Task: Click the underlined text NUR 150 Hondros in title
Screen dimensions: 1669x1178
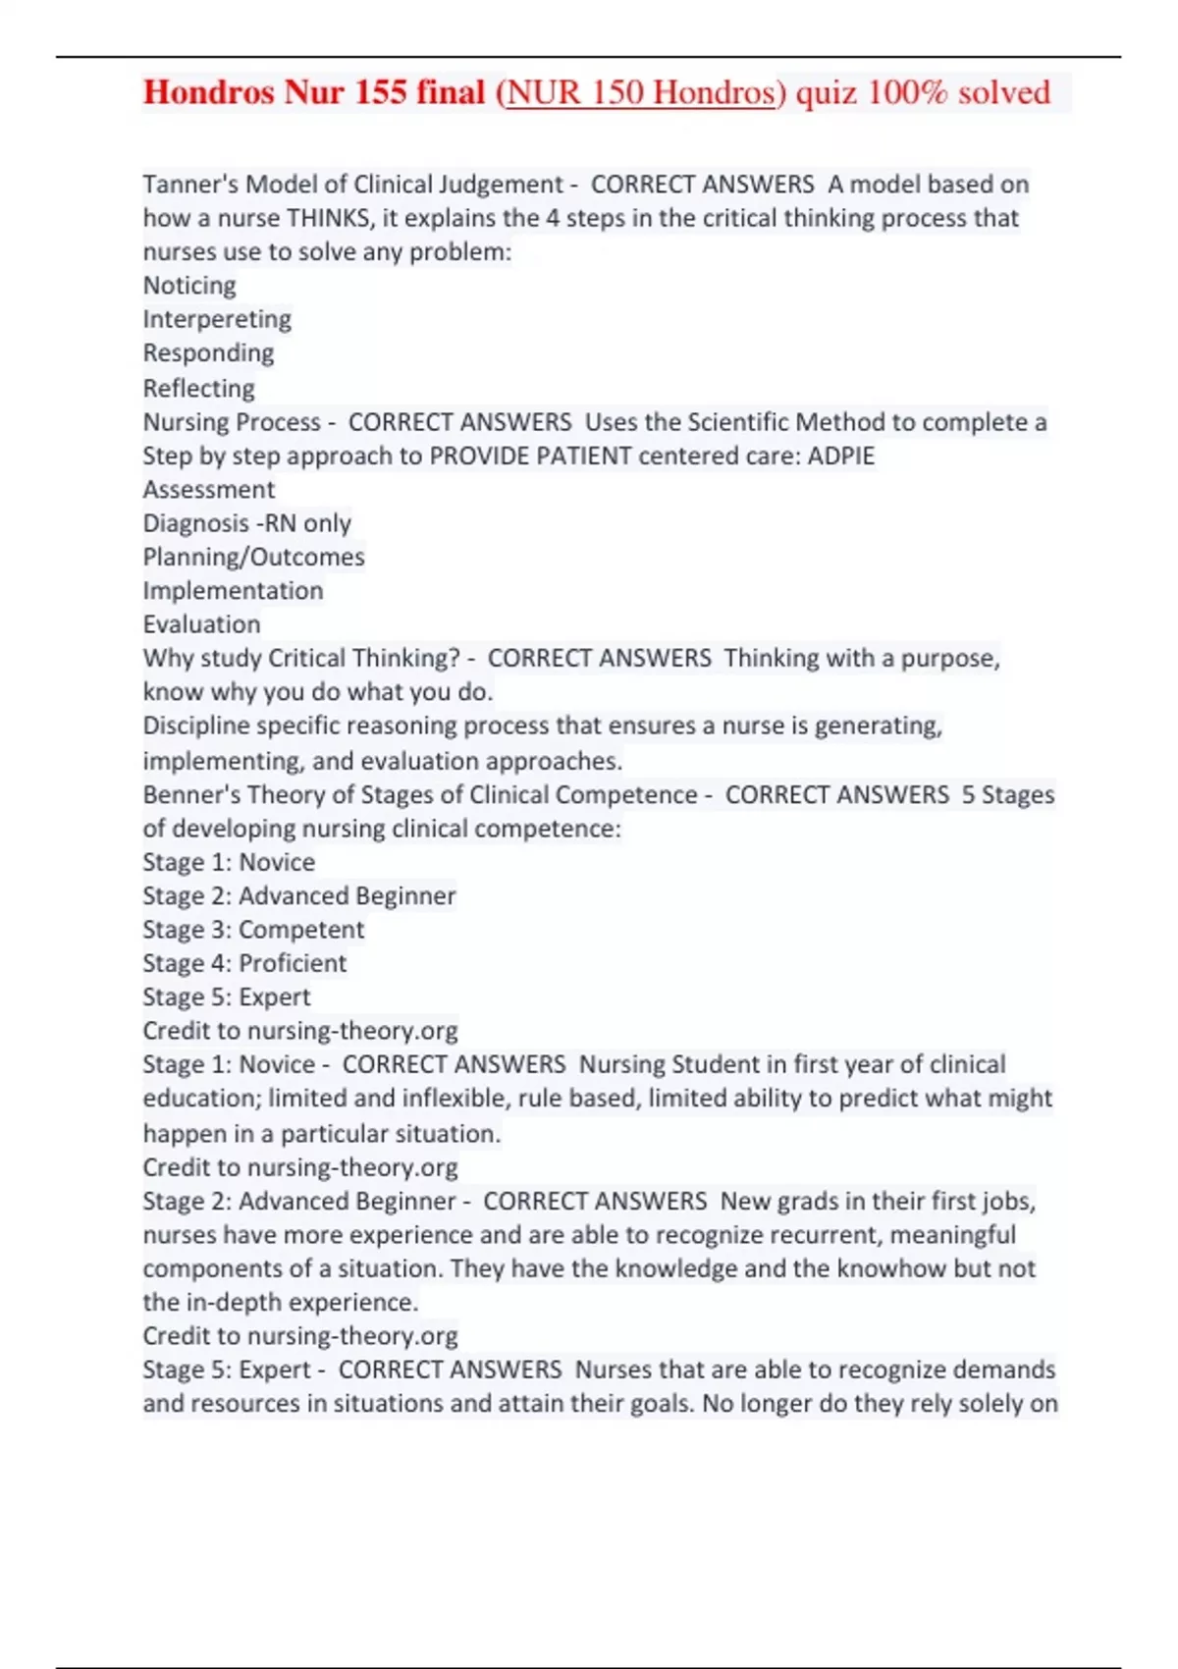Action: tap(641, 92)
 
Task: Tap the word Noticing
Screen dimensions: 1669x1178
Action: tap(189, 286)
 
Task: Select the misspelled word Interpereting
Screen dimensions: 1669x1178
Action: tap(217, 319)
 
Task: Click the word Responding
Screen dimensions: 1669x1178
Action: tap(208, 352)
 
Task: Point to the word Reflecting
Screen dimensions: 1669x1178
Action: tap(198, 388)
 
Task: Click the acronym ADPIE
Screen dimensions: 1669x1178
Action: tap(841, 456)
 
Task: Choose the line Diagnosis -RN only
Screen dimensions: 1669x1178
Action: tap(246, 523)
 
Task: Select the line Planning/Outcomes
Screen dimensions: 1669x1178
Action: tap(253, 557)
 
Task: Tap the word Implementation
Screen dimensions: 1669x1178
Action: tap(233, 590)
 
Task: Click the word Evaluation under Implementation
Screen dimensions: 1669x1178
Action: tap(201, 624)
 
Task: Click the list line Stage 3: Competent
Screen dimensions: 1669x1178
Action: tap(253, 929)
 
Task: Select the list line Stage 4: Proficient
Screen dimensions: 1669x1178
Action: tap(244, 963)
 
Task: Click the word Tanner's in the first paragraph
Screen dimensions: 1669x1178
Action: tap(190, 185)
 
